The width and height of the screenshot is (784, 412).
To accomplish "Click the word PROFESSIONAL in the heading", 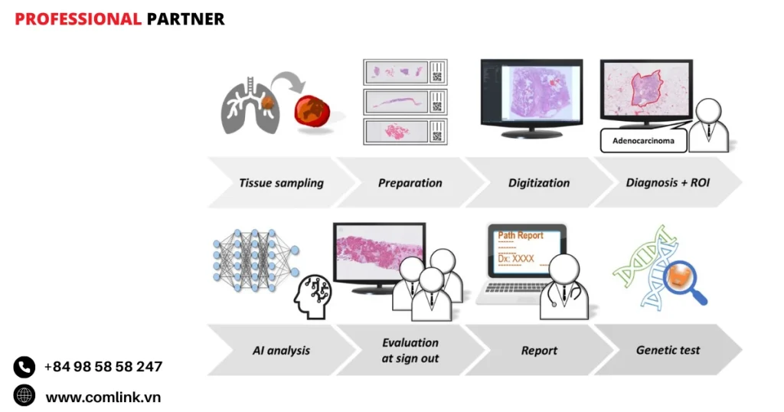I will pos(78,19).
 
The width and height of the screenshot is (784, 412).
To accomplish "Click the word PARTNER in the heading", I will pos(186,19).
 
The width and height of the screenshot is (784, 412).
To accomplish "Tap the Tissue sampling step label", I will pos(281,183).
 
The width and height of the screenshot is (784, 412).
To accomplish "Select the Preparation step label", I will pos(410,183).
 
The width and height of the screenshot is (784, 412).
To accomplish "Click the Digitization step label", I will pos(539,183).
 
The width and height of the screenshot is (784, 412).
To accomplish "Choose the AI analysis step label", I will pos(281,350).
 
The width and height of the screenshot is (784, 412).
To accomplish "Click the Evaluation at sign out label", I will pos(410,350).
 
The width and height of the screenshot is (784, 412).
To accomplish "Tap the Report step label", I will pos(539,350).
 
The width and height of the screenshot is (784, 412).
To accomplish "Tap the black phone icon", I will pos(24,367).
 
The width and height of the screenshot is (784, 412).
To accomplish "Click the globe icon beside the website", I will pos(24,396).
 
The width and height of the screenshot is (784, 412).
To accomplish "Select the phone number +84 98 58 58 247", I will pos(103,367).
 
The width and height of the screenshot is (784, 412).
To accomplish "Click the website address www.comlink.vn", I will pos(103,397).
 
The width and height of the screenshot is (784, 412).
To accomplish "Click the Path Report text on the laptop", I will pos(521,235).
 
